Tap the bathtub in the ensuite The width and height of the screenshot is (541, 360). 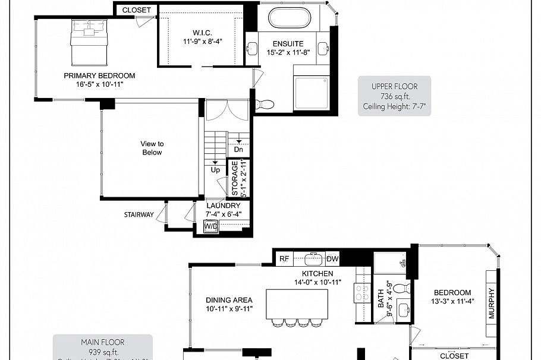click(289, 17)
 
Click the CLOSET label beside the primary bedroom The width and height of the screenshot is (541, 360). click(136, 10)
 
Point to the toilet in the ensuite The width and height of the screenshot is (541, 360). click(265, 105)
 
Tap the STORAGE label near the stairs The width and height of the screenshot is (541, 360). click(234, 178)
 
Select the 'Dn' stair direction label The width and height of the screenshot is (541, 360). click(238, 150)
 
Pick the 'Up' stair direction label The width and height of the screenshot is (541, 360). click(215, 170)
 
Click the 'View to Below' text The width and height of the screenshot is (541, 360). click(152, 148)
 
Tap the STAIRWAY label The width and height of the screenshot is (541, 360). click(139, 214)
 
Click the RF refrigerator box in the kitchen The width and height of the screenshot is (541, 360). click(284, 259)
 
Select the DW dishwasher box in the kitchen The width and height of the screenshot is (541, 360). click(332, 259)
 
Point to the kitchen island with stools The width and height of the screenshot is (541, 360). click(288, 304)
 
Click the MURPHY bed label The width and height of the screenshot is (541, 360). click(492, 304)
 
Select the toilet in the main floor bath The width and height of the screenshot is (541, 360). click(402, 289)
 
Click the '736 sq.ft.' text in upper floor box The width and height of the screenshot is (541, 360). click(395, 97)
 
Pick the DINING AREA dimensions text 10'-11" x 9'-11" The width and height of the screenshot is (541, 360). click(229, 310)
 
